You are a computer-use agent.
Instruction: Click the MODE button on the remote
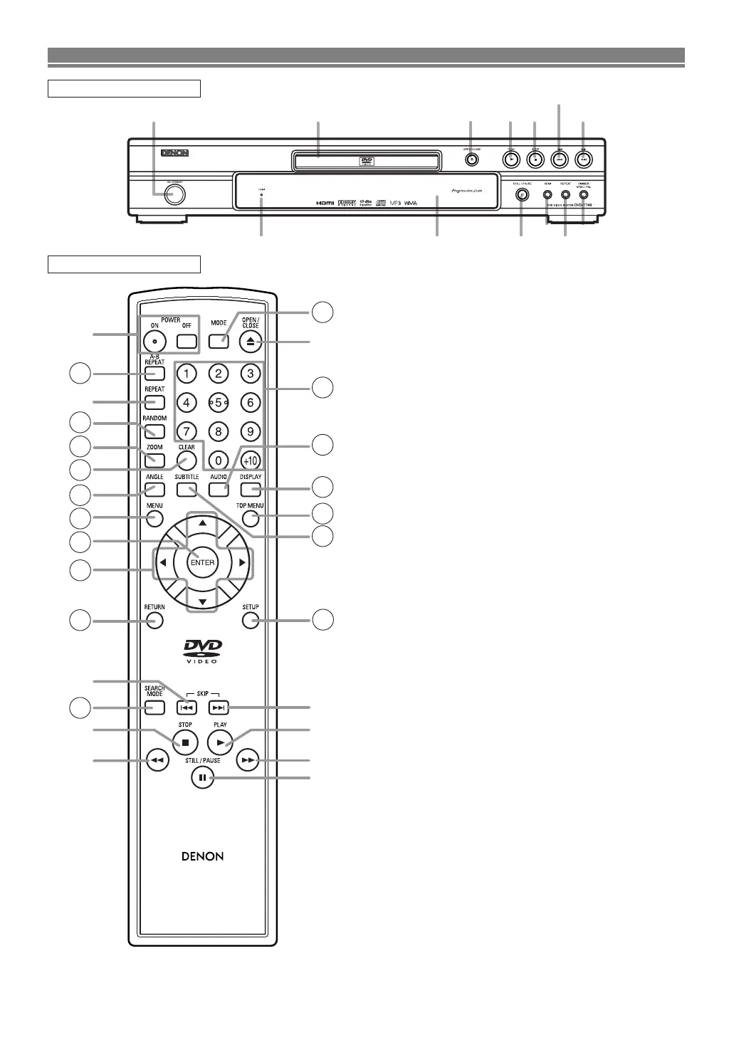tap(219, 341)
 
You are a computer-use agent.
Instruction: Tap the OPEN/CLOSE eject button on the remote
tap(250, 342)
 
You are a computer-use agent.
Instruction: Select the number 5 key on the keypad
tap(218, 402)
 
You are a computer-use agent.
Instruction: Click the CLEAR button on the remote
tap(186, 460)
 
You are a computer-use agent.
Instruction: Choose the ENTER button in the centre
tap(202, 562)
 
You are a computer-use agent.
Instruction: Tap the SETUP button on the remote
tap(250, 621)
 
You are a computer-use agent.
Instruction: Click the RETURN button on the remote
tap(154, 621)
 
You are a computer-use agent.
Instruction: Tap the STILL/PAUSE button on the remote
tap(202, 778)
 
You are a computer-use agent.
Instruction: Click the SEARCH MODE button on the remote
tap(154, 707)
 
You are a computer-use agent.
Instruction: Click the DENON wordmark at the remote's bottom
tap(203, 856)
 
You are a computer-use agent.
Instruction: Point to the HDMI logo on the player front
tap(325, 203)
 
